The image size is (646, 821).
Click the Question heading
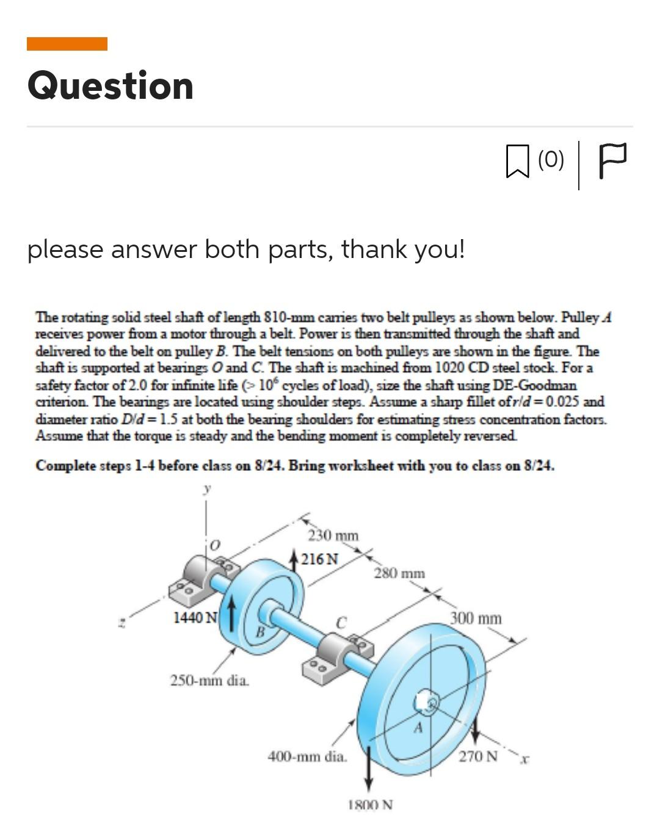(x=111, y=85)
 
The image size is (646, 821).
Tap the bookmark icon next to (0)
(x=517, y=161)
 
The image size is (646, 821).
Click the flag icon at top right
(x=612, y=160)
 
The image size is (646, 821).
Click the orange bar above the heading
(x=67, y=44)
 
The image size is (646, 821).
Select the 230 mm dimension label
(x=333, y=536)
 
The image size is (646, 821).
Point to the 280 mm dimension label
(x=399, y=573)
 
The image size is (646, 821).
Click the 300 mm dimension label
(x=476, y=618)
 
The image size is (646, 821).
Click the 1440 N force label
(x=195, y=617)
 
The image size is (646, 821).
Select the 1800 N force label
(x=371, y=805)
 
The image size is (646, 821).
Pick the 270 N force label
(x=478, y=756)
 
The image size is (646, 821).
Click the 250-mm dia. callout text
(x=209, y=679)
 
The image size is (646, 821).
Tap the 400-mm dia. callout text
(x=308, y=756)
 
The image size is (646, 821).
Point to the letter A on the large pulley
(x=419, y=727)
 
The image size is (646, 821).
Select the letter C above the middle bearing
(x=341, y=622)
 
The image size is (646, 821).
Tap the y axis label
(x=208, y=489)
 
